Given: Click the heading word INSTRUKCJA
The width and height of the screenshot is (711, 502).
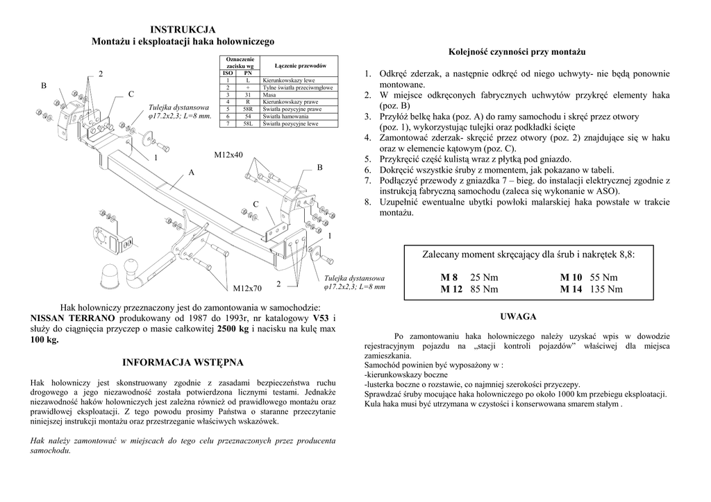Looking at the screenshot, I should tap(183, 29).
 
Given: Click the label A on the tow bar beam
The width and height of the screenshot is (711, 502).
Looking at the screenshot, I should tap(191, 172).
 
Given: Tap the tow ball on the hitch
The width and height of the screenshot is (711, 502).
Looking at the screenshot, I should tap(131, 266).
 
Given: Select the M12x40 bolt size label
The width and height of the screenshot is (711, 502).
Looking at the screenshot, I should tap(229, 154).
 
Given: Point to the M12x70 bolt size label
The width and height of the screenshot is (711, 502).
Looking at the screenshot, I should tap(247, 288).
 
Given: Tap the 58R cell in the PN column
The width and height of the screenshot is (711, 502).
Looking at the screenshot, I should tap(248, 109).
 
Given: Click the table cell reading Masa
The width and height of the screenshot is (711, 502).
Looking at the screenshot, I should tap(270, 94).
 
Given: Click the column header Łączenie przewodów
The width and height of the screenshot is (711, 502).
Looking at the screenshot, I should tap(300, 65).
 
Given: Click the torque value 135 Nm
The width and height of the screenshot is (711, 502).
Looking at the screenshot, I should tap(606, 289).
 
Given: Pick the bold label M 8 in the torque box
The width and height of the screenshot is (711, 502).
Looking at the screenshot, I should tap(449, 277).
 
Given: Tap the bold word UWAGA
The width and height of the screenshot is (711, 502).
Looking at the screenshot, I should tap(517, 316).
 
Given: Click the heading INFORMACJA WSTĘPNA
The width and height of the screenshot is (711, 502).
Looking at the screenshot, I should tap(183, 363).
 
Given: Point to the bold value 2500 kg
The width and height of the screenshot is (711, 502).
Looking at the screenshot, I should tap(233, 329).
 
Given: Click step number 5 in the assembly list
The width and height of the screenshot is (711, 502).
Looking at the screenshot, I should tap(369, 159).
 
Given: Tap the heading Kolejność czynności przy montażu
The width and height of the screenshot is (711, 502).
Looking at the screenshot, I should tap(517, 52).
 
